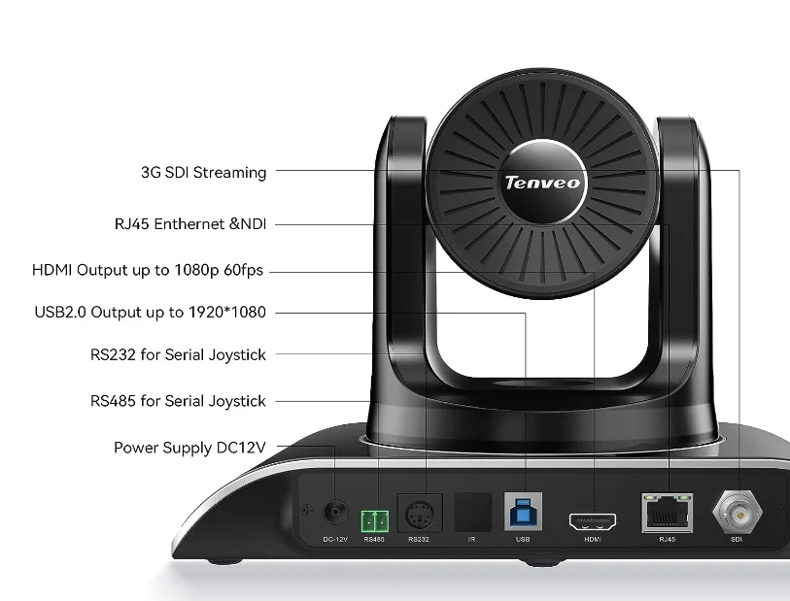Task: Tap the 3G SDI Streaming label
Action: coord(203,173)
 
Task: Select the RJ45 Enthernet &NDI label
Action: coord(190,224)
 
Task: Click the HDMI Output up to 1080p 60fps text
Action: coord(148,270)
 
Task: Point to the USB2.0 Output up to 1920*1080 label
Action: coord(150,313)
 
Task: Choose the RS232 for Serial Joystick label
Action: coord(178,355)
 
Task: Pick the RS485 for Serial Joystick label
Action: coord(178,401)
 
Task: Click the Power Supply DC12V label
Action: coord(189,448)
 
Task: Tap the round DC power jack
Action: coord(335,511)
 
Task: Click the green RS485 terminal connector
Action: coord(374,518)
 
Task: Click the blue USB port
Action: coord(523,512)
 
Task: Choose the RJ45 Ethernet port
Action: coord(667,512)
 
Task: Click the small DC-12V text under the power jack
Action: coord(335,539)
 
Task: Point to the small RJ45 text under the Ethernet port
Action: coord(667,539)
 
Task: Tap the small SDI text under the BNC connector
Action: coord(737,539)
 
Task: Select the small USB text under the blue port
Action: coord(523,539)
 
